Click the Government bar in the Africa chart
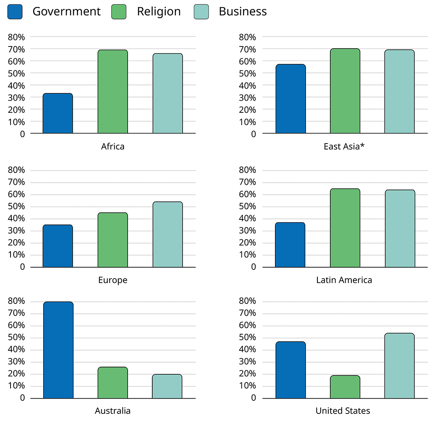coord(58,114)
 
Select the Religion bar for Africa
coord(113,92)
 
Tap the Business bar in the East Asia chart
coord(399,92)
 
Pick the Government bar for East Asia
coord(291,99)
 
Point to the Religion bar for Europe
coord(113,240)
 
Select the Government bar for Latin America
coord(290,245)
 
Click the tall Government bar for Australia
coord(58,350)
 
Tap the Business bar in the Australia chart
coord(167,386)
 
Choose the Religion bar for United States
coord(345,387)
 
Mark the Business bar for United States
coord(399,366)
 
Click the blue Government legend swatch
coord(15,12)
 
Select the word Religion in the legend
coord(159,12)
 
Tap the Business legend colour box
coord(201,12)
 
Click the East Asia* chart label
coord(344,146)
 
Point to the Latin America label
coord(344,280)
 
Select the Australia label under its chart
coord(113,411)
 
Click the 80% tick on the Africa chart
coord(17,37)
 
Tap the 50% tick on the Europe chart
coord(17,207)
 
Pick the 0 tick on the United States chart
coord(253,398)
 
